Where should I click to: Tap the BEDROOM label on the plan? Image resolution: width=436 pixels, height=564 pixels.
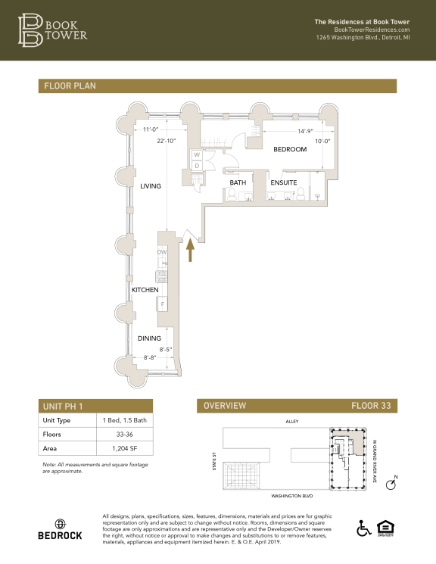click(x=290, y=149)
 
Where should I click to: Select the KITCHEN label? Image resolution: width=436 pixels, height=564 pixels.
click(x=145, y=290)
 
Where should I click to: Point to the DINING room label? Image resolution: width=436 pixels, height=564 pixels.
click(x=148, y=338)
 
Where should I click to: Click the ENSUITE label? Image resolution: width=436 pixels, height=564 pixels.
click(x=283, y=182)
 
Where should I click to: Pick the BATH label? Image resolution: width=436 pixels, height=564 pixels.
click(x=238, y=182)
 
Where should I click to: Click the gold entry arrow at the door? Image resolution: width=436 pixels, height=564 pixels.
click(x=190, y=249)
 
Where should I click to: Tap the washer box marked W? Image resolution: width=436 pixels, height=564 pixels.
click(x=197, y=155)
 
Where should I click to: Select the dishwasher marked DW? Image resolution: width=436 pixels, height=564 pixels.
click(x=161, y=252)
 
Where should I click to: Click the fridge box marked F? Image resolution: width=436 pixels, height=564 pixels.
click(x=161, y=304)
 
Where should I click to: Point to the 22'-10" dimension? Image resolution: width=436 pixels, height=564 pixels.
click(x=167, y=141)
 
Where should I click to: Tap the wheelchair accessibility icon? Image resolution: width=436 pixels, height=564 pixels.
click(x=363, y=528)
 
